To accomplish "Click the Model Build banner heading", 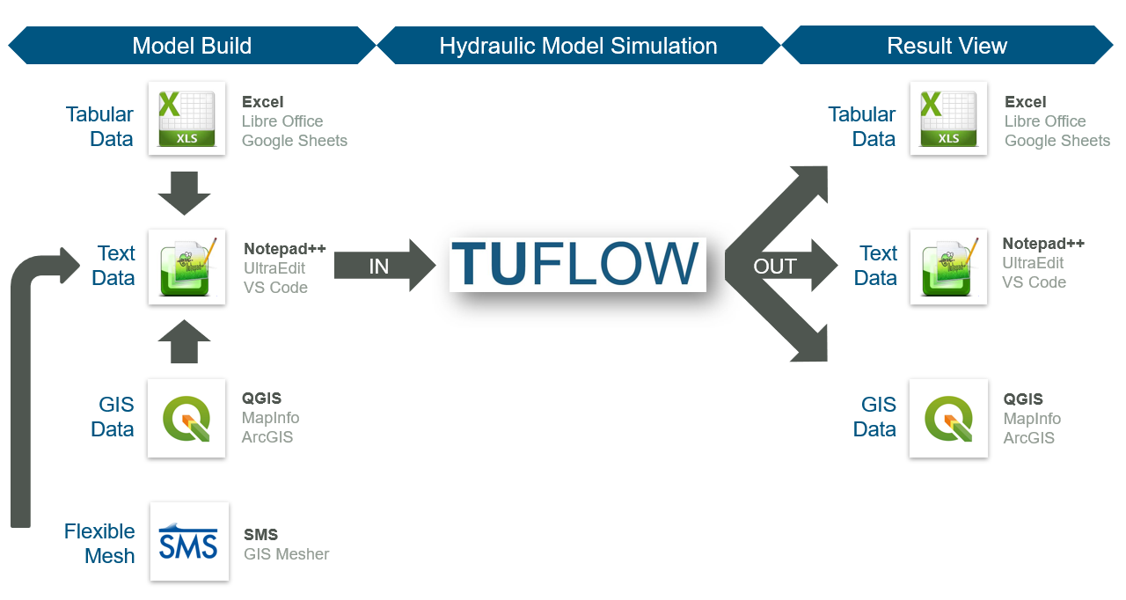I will point(192,46).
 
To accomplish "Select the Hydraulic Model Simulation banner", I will point(578,46).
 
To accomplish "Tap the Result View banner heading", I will point(947,46).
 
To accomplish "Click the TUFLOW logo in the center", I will point(577,264).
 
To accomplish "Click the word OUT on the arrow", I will point(775,266).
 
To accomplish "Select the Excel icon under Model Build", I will point(186,118).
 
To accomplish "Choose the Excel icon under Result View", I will point(948,118).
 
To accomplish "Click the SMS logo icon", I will point(189,541).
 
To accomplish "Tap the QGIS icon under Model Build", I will point(186,418).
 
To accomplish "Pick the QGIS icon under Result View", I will point(948,418).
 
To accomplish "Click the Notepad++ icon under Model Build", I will point(186,267).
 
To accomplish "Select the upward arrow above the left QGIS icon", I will point(185,341).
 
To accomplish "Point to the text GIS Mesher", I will point(286,554).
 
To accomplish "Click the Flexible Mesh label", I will point(99,543).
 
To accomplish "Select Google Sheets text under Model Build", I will point(295,141).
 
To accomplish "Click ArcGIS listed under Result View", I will point(1028,438).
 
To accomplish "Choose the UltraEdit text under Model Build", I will point(274,268).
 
